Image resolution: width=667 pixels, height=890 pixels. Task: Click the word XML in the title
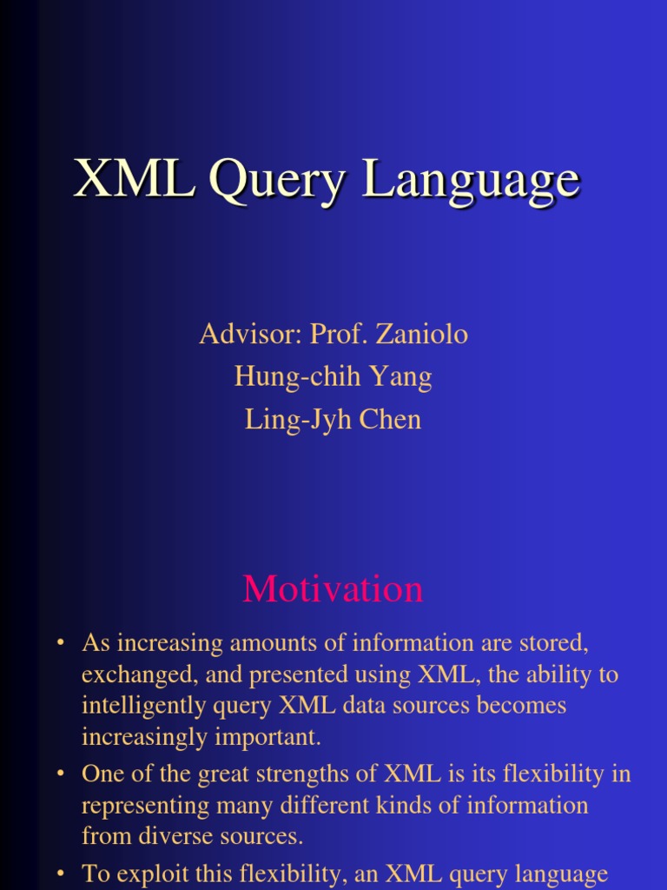click(134, 180)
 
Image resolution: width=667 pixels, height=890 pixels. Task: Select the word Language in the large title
click(470, 180)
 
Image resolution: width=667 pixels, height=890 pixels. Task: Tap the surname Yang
click(400, 376)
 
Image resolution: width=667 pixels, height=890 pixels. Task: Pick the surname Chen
click(390, 419)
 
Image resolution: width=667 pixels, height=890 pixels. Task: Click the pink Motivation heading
click(333, 589)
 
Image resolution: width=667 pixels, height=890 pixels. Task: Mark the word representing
click(147, 805)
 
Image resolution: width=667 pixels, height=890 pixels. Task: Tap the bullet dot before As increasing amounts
click(61, 644)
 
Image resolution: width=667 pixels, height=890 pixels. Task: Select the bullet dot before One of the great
click(61, 774)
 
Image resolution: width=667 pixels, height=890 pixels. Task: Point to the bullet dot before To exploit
click(61, 873)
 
